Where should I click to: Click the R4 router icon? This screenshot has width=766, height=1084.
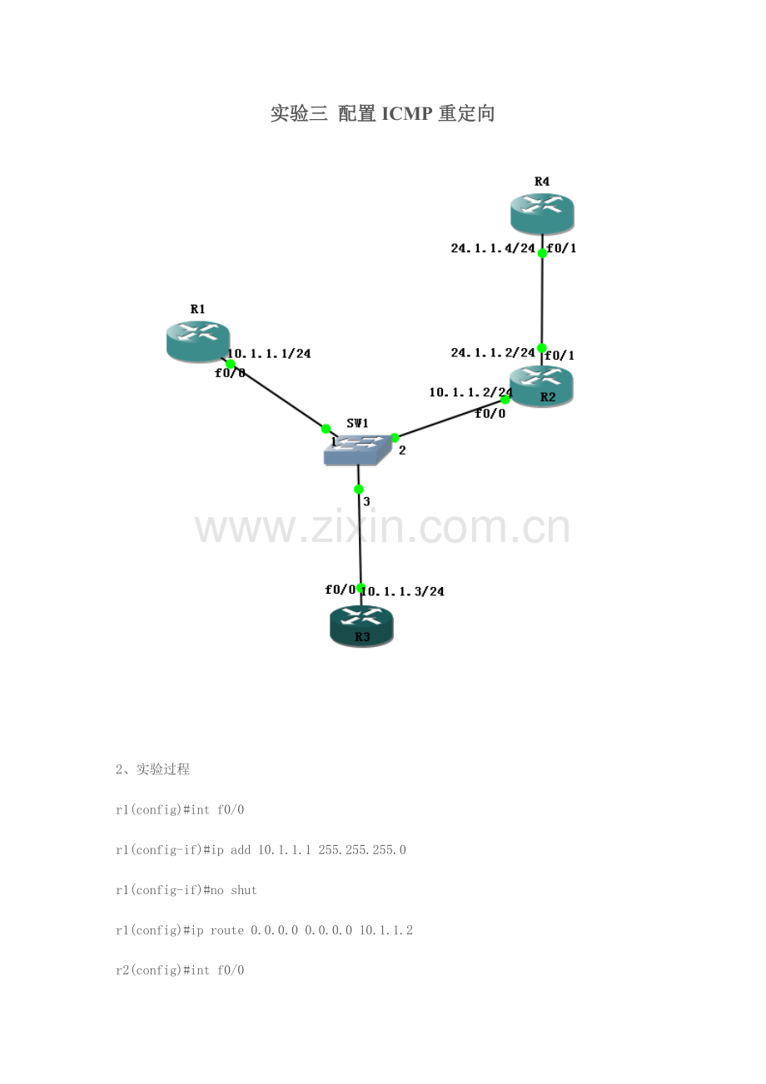(x=542, y=214)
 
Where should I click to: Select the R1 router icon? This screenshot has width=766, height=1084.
(x=198, y=341)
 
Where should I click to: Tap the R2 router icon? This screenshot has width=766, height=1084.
(x=541, y=386)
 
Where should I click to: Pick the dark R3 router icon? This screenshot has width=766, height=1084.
(x=361, y=626)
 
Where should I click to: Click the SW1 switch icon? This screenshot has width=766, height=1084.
(x=357, y=450)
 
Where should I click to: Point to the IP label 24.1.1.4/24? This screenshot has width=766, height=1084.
(x=493, y=248)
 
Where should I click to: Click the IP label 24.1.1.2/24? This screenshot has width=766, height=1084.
(x=493, y=353)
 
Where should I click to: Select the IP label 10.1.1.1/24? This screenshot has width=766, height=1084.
(x=269, y=354)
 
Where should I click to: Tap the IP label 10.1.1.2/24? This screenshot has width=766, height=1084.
(x=470, y=392)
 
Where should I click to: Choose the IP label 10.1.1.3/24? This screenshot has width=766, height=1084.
(x=403, y=591)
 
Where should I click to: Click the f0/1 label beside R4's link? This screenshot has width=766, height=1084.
(x=561, y=248)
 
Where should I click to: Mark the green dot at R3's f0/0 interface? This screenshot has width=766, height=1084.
(x=361, y=588)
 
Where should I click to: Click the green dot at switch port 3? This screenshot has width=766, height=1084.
(x=359, y=490)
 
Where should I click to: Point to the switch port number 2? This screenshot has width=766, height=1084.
(x=402, y=450)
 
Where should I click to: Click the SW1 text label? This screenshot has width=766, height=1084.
(x=357, y=424)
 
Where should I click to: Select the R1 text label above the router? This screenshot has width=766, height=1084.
(x=197, y=309)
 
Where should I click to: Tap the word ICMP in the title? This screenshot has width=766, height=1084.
(x=407, y=114)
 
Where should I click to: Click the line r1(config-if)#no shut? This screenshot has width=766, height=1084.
(x=187, y=890)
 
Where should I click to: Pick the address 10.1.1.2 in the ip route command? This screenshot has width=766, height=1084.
(x=385, y=930)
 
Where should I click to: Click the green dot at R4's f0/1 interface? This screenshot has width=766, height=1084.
(x=542, y=253)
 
